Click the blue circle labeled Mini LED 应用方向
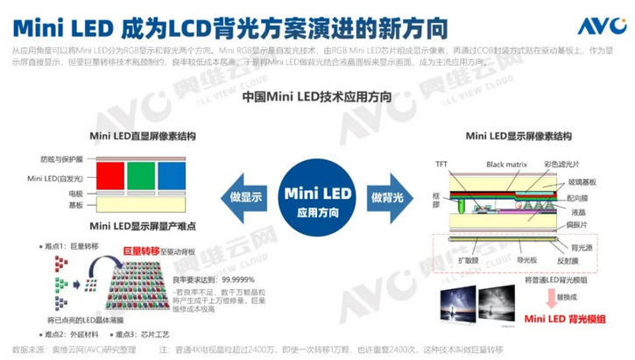[x=316, y=194]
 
